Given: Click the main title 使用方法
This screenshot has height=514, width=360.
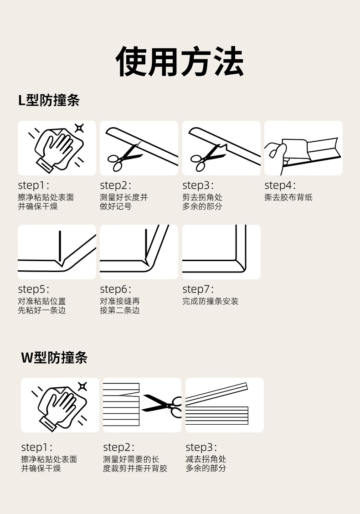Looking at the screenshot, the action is point(180,61).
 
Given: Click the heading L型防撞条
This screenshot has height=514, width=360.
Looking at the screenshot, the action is point(49,100).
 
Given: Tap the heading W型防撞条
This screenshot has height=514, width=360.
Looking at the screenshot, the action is point(54,357).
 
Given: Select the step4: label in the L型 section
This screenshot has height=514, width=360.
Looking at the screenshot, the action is point(280,185).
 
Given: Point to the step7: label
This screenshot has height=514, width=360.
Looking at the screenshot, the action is point(198,289).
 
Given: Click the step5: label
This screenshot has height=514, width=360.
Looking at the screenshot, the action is point(33,289).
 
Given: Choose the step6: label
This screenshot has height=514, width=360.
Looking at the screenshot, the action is point(115,289).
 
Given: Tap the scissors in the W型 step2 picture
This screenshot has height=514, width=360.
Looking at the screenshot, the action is point(162,406).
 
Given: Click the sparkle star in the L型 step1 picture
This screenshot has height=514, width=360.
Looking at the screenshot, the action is point(79,128).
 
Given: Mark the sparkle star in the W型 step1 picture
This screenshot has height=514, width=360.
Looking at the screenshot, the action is point(82,386).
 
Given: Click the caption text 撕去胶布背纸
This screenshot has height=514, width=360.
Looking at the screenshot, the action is point(288,197).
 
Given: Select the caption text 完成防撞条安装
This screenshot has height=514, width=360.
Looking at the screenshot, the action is point(211,301).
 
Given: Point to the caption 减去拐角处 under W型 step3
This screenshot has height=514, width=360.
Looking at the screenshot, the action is point(206,459).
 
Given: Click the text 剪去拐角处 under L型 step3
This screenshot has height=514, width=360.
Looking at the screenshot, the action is point(202,197).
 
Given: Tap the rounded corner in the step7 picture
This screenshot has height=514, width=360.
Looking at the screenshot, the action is point(241,266).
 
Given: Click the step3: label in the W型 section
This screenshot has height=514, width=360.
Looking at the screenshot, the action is point(201,447).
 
